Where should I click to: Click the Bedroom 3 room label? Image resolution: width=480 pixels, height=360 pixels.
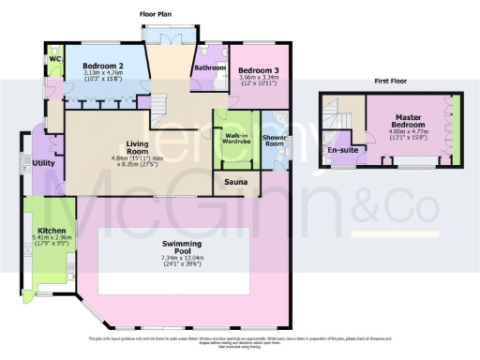click(256, 71)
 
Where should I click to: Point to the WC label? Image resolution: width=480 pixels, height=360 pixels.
click(52, 63)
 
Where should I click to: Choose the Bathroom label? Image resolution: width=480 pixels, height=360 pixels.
click(210, 67)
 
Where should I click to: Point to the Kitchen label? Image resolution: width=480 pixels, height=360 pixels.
click(52, 230)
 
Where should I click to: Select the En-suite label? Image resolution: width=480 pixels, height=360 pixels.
click(340, 149)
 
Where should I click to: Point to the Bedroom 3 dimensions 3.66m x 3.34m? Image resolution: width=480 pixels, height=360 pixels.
click(256, 82)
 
